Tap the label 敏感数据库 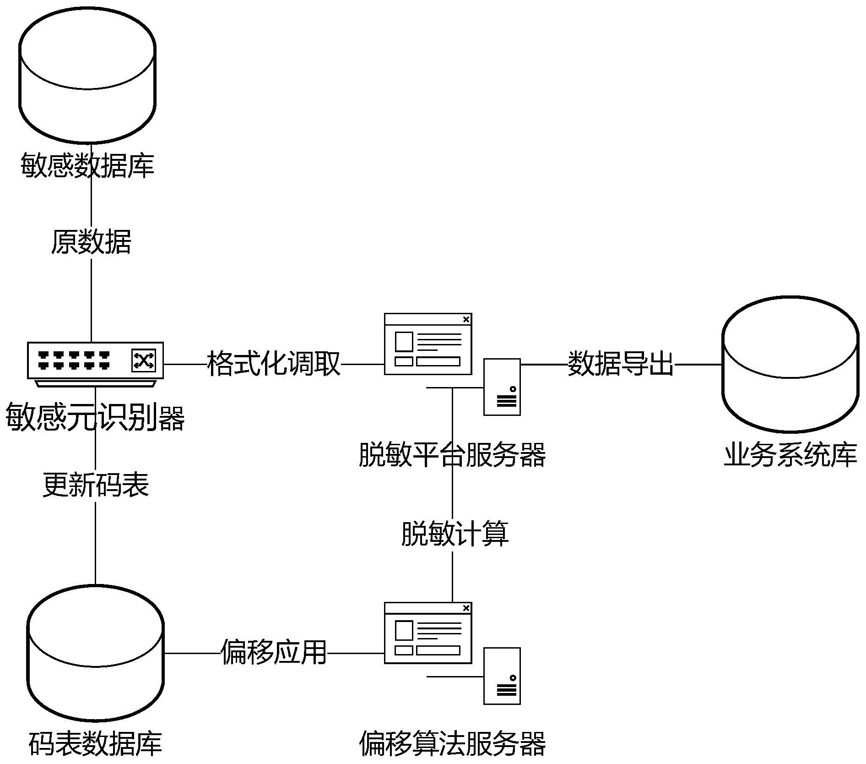pos(87,165)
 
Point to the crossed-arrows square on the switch pos(144,360)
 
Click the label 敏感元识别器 pos(95,418)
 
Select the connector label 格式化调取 pos(274,364)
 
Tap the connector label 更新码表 pos(96,485)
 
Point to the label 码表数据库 pos(95,743)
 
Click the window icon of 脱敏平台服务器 pos(428,344)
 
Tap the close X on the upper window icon pos(466,319)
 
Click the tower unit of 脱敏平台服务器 pos(502,387)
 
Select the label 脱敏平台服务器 pos(452,455)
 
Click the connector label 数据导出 pos(620,364)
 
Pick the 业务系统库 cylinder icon pos(790,364)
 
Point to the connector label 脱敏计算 pos(455,534)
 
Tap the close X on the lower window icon pos(466,608)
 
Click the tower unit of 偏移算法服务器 pos(502,676)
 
